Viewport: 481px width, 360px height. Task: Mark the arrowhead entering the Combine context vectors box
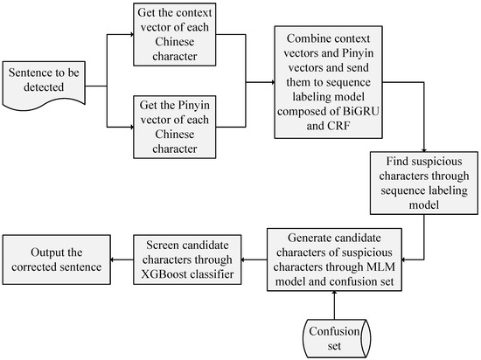pyautogui.click(x=269, y=84)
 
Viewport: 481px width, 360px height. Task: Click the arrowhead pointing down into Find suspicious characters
pyautogui.click(x=422, y=148)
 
